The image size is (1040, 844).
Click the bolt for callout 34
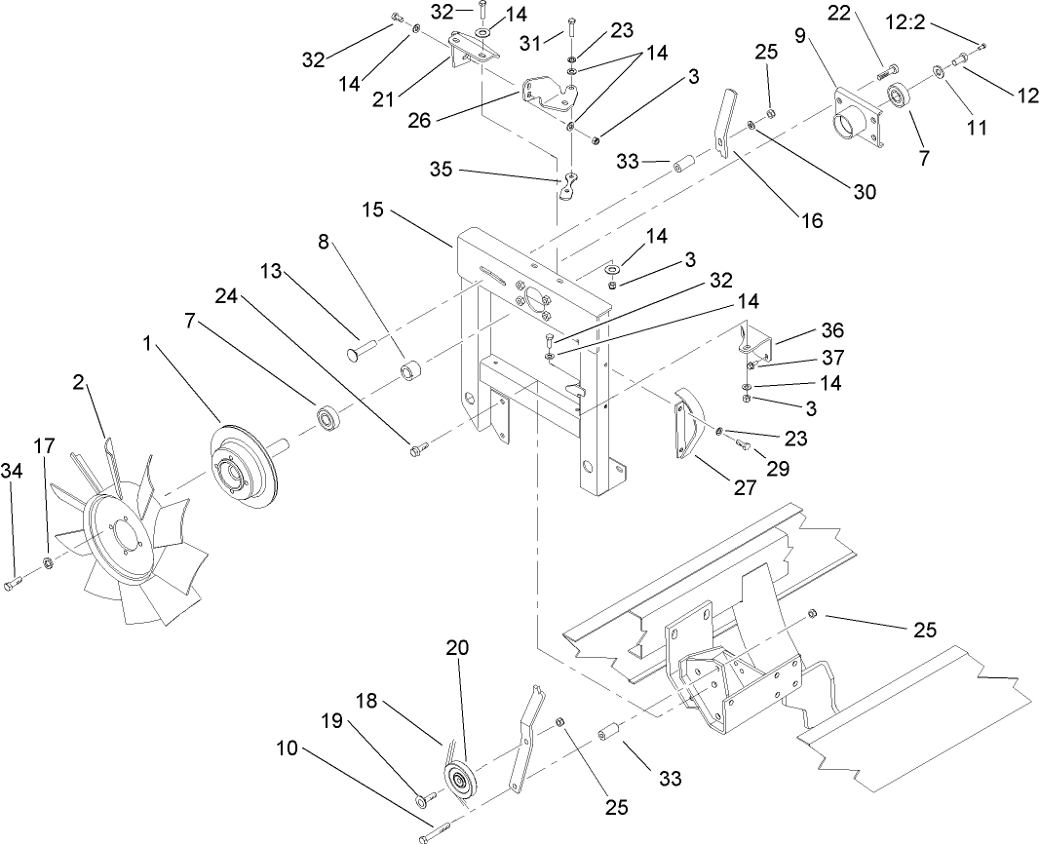pyautogui.click(x=13, y=583)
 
